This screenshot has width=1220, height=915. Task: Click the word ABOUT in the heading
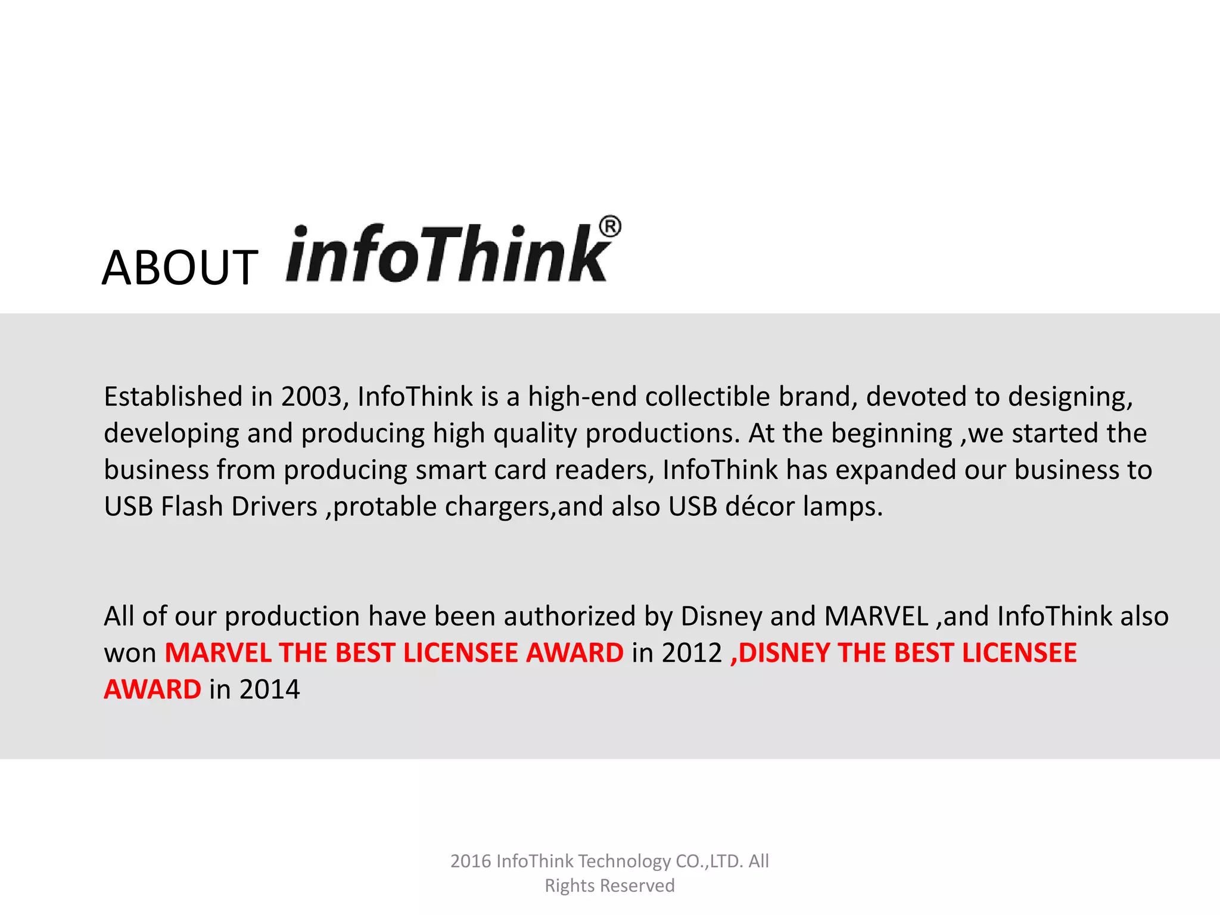[179, 268]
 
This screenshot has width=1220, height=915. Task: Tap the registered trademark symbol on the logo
[609, 227]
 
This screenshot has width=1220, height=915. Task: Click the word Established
[173, 397]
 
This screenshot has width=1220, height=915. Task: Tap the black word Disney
[721, 617]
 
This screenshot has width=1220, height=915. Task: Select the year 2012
[692, 653]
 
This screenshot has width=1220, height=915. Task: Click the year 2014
[269, 690]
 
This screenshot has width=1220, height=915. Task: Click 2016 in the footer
[471, 861]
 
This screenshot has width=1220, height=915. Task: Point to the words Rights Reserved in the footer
[609, 886]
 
